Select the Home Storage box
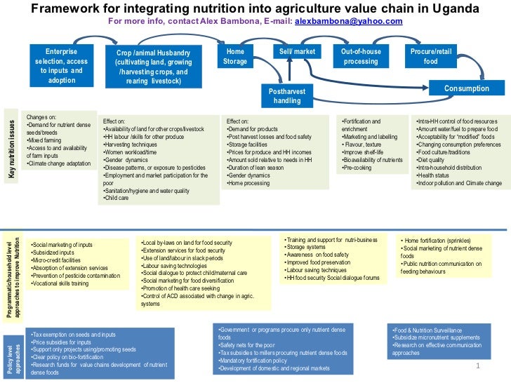[x=235, y=57]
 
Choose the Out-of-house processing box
[x=360, y=57]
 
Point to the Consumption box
[x=466, y=89]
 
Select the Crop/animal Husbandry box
[x=152, y=67]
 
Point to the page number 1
[x=477, y=366]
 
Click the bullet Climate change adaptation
[x=60, y=163]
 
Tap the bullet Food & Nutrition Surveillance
[x=429, y=330]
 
